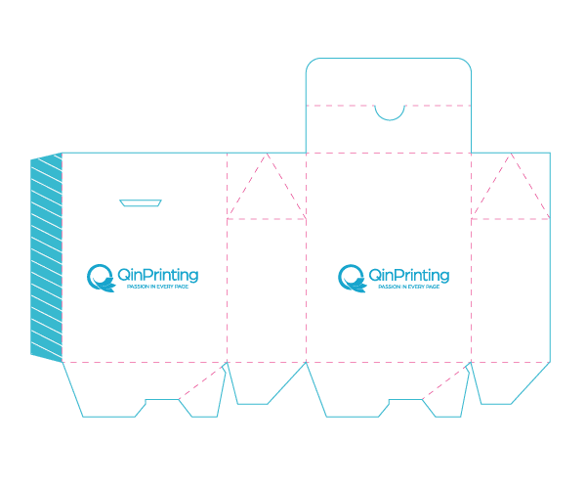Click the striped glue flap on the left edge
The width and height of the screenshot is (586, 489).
tap(46, 257)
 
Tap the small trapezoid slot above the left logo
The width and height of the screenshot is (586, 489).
tap(141, 202)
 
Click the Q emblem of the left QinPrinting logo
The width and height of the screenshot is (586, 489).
tap(101, 278)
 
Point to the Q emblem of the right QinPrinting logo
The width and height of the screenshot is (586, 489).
tap(352, 278)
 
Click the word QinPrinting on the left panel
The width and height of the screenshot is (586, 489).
tap(157, 276)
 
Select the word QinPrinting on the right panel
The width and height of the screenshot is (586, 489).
tap(409, 276)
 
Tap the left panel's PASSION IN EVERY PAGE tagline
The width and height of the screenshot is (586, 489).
tap(157, 287)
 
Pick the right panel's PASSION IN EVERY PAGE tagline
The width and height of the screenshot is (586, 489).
tap(409, 287)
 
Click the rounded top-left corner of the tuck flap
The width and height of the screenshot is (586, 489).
tap(311, 63)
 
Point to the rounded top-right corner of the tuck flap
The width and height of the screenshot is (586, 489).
tap(467, 63)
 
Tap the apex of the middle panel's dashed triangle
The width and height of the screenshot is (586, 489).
tap(267, 153)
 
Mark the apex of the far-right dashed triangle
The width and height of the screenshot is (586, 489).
tap(511, 153)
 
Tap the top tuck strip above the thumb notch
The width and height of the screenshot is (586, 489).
tap(389, 81)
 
